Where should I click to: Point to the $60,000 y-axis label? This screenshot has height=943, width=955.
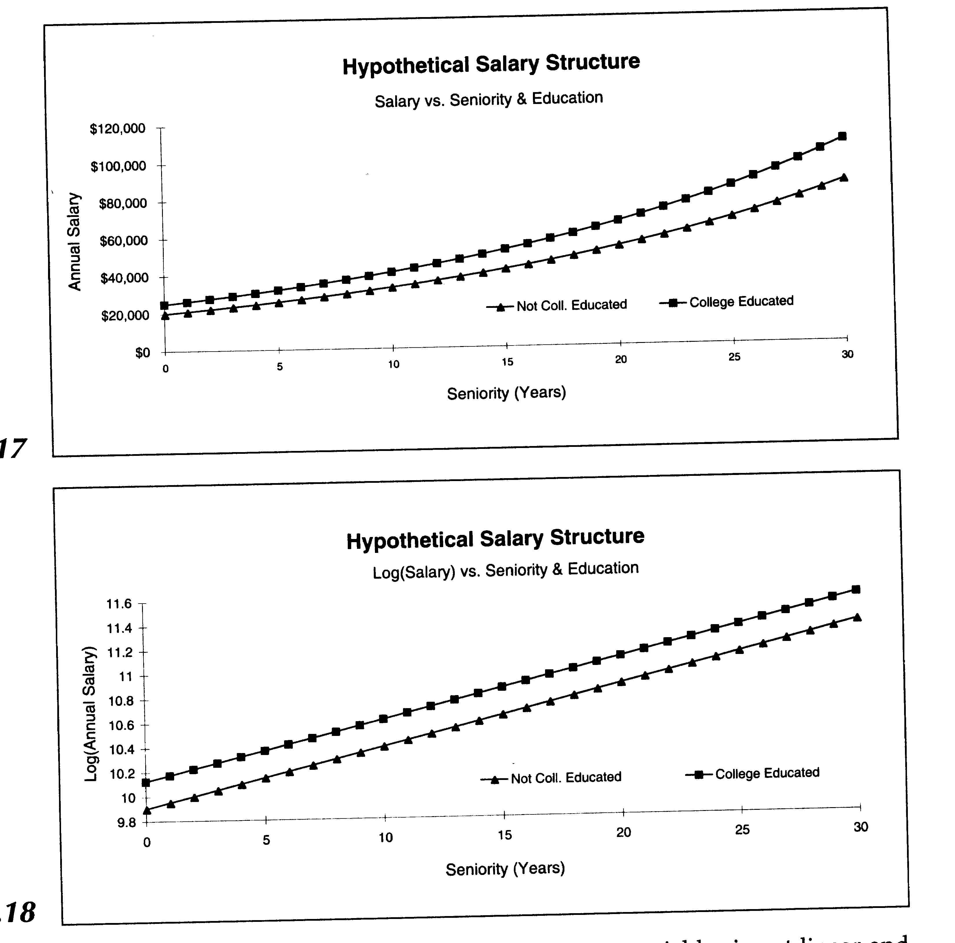[x=124, y=241]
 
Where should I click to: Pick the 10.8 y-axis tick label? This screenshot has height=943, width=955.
[x=121, y=701]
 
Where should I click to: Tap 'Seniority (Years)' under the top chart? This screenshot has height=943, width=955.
[x=506, y=393]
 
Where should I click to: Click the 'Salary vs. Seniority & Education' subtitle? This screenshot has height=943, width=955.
[x=488, y=99]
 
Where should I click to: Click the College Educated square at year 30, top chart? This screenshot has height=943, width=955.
[x=842, y=136]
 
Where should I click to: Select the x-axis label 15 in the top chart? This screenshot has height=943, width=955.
[x=507, y=362]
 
